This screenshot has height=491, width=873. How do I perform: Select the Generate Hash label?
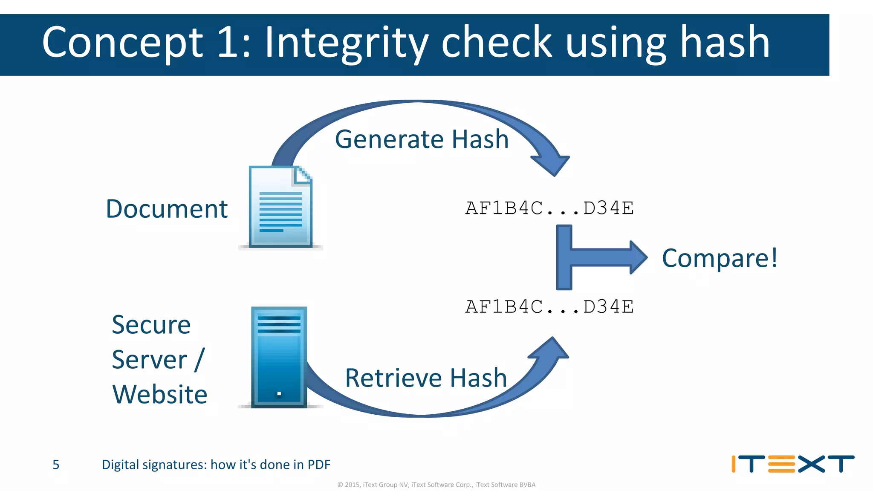pos(422,139)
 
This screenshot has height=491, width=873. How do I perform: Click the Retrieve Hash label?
pos(425,378)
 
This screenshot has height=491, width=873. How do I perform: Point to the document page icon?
pos(280,207)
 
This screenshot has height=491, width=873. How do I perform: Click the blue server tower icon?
pos(279,357)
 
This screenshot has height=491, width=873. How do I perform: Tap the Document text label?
pos(167,209)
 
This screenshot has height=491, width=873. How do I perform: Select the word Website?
pos(160,394)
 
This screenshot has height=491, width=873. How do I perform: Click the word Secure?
pos(151,325)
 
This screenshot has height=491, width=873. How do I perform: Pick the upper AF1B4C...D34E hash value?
pos(549,208)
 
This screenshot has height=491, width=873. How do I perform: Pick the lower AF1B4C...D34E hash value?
pos(549,307)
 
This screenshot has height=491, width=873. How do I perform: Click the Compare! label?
pos(720,258)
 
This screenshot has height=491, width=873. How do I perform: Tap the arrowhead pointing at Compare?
pos(638,257)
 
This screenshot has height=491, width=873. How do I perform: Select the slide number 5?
pos(56,465)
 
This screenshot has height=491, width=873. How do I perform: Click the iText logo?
pos(792,464)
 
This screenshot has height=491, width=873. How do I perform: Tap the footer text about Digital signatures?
pos(216,465)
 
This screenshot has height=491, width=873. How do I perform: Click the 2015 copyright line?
pos(436,485)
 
